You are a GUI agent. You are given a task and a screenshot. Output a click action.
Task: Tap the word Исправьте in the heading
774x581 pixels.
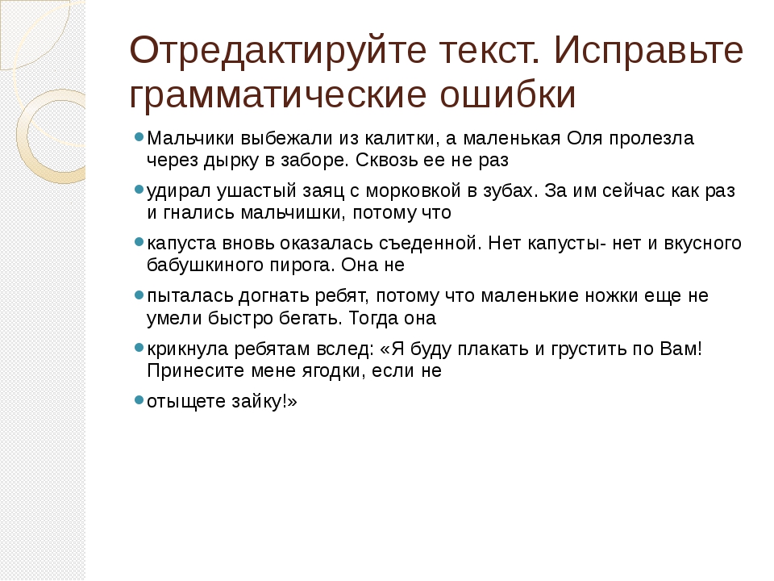tap(648, 51)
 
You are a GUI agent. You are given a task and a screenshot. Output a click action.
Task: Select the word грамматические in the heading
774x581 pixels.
tap(278, 94)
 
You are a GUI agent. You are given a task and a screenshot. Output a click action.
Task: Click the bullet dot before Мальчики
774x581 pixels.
tap(139, 136)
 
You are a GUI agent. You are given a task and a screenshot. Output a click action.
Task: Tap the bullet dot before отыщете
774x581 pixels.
tap(139, 399)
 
